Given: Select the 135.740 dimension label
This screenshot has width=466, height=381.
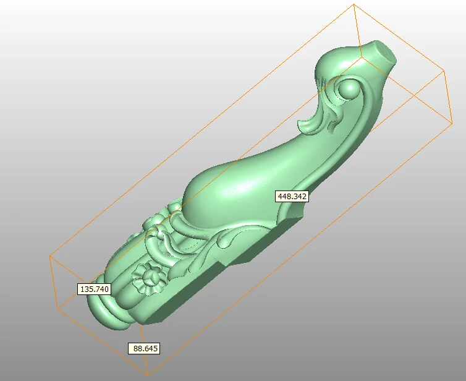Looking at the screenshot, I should click(94, 289).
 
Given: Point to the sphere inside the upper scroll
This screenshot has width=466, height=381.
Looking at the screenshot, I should click(350, 91).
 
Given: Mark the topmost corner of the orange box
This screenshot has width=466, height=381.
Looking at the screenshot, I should click(354, 5).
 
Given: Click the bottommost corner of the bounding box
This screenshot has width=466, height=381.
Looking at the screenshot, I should click(148, 375).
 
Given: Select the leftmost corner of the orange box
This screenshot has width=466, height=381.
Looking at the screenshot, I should click(49, 255).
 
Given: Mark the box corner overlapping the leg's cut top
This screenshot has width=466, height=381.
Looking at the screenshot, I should click(362, 57).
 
